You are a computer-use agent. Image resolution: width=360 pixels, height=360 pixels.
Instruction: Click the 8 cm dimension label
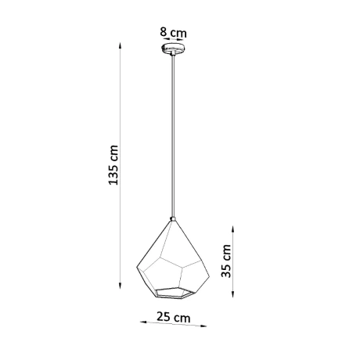pyautogui.click(x=173, y=33)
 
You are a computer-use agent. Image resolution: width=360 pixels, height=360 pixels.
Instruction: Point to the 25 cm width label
pyautogui.click(x=172, y=318)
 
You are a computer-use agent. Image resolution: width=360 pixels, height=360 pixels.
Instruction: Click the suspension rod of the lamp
pyautogui.click(x=172, y=133)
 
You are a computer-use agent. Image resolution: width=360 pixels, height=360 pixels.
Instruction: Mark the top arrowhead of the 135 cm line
pyautogui.click(x=121, y=45)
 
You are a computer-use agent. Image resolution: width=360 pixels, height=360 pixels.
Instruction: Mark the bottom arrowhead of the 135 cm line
pyautogui.click(x=121, y=286)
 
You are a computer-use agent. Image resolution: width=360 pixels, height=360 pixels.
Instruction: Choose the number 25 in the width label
pyautogui.click(x=164, y=318)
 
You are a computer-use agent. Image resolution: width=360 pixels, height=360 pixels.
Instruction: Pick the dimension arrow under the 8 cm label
pyautogui.click(x=173, y=44)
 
